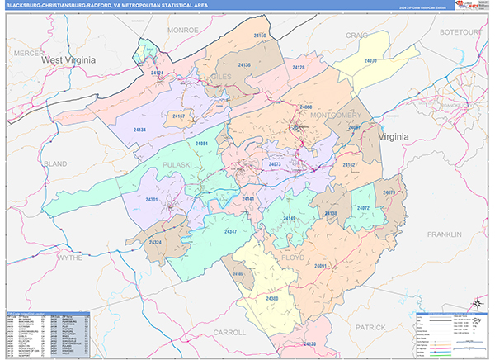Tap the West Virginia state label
pyautogui.click(x=70, y=60)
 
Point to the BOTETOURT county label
pyautogui.click(x=461, y=31)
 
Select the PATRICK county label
pyautogui.click(x=371, y=328)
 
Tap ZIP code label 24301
pyautogui.click(x=151, y=201)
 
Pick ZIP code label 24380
pyautogui.click(x=272, y=298)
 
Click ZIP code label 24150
pyautogui.click(x=260, y=36)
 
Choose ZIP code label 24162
pyautogui.click(x=348, y=165)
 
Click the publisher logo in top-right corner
pyautogui.click(x=473, y=6)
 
